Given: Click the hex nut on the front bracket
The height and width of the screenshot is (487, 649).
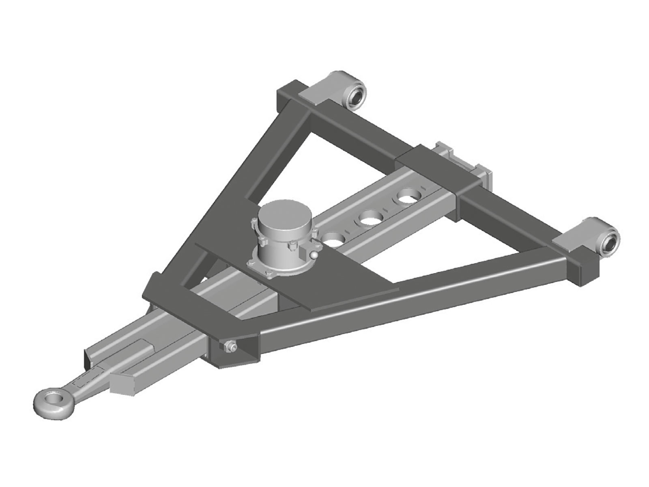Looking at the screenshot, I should click(x=229, y=346).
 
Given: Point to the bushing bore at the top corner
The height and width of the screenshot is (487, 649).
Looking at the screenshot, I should click(x=357, y=97).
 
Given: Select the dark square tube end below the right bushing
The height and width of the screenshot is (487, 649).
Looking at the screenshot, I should click(x=584, y=270).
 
